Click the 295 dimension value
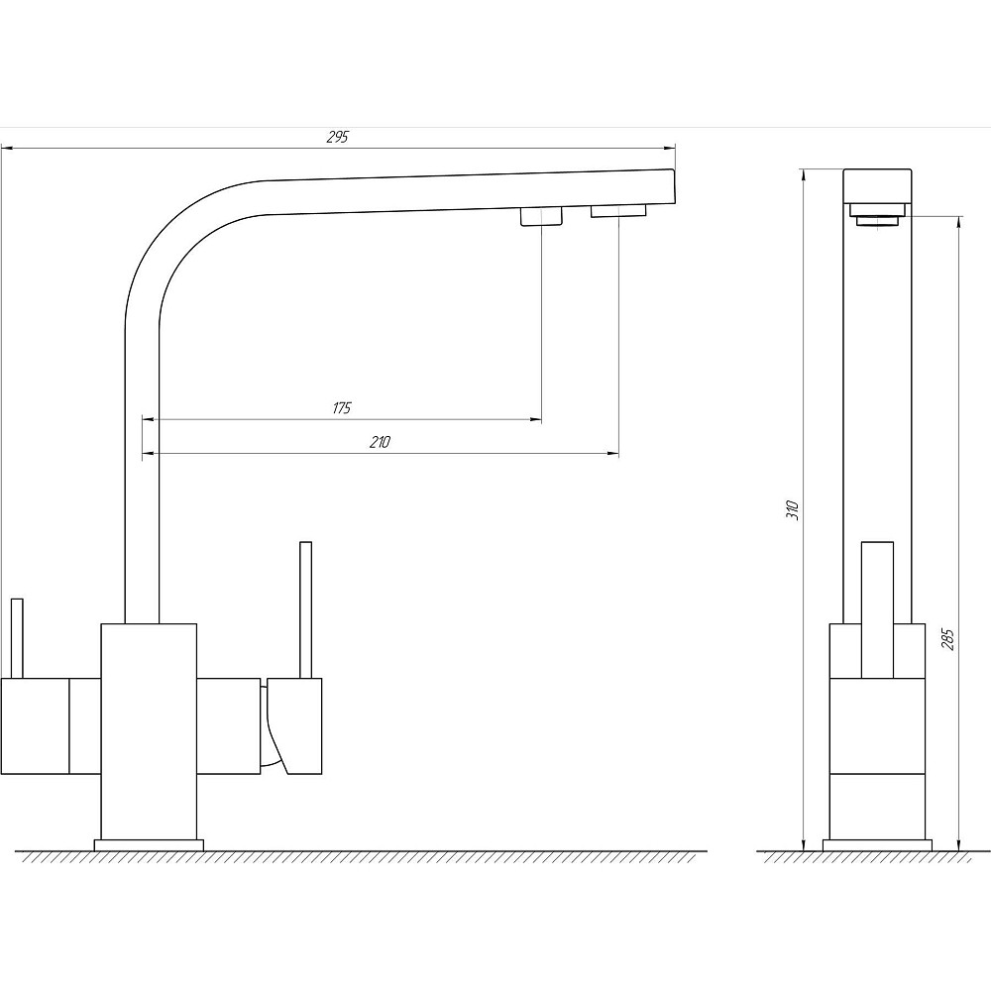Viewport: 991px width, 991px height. point(337,138)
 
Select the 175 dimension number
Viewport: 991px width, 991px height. point(342,408)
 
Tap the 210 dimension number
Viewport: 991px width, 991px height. point(379,443)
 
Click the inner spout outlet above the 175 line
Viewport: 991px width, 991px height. point(541,217)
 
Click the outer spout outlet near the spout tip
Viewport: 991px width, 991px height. point(618,210)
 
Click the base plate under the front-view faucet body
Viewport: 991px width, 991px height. point(148,845)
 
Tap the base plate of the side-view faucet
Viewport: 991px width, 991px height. point(877,845)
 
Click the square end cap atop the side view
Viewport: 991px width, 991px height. point(877,185)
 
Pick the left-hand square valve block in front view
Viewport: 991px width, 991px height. point(35,725)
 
